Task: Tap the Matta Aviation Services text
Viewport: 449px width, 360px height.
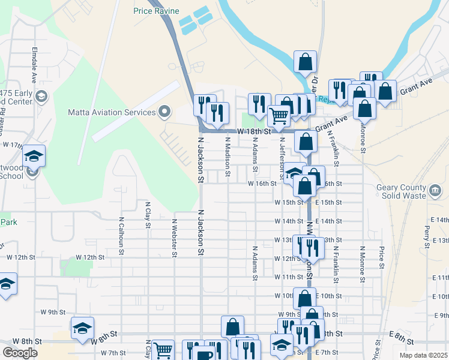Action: tap(111, 112)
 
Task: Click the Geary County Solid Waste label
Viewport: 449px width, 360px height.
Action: tap(401, 191)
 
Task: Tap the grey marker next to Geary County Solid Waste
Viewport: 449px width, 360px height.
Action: tap(435, 191)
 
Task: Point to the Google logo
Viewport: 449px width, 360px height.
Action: tap(20, 353)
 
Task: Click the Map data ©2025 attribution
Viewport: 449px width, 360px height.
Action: tap(424, 355)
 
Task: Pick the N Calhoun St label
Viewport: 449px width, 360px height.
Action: tap(121, 236)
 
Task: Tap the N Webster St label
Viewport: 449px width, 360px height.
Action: tap(174, 237)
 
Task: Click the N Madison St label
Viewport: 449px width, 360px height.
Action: tap(228, 157)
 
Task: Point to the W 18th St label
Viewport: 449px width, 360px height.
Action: tap(254, 130)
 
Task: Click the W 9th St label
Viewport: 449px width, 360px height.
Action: tap(53, 312)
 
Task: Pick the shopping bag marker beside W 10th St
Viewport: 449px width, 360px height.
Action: tap(304, 298)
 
